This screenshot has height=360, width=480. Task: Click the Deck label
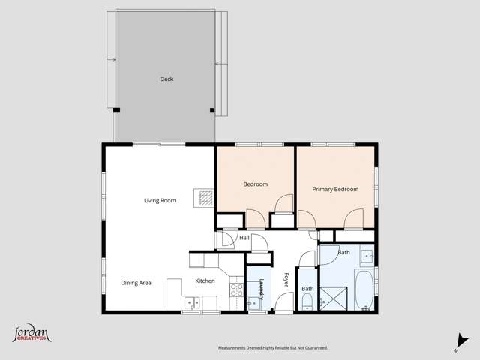166,79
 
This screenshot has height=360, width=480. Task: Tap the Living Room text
160,200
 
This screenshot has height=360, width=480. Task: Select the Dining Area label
136,283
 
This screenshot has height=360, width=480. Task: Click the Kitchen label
205,280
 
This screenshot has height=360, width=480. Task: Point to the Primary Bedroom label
335,190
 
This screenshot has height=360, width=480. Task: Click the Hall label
244,238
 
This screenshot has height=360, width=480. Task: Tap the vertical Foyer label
286,280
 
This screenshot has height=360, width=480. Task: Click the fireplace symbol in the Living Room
203,197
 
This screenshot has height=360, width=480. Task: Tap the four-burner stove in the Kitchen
236,289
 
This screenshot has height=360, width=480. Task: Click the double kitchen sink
192,303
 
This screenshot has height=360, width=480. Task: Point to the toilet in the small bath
307,301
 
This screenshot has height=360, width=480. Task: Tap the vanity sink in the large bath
367,256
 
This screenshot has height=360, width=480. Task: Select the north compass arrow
457,342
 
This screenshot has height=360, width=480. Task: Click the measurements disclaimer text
273,348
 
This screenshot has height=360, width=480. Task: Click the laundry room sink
253,304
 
